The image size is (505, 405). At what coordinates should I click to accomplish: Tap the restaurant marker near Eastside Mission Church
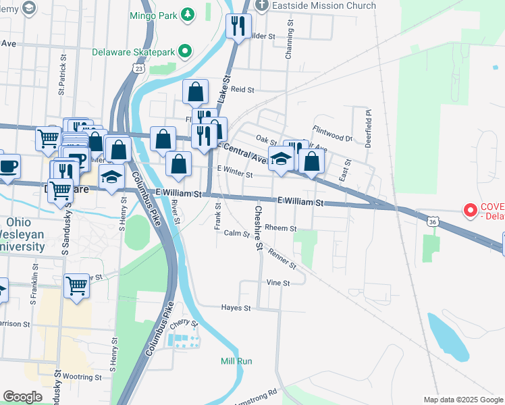pyautogui.click(x=237, y=26)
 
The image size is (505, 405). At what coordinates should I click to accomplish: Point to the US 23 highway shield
pyautogui.click(x=138, y=69)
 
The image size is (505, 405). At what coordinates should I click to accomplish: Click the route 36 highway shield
pyautogui.click(x=433, y=221)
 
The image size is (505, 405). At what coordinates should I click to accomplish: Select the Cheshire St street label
pyautogui.click(x=258, y=227)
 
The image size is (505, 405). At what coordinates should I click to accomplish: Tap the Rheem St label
pyautogui.click(x=281, y=228)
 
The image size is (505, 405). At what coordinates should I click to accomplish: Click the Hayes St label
pyautogui.click(x=236, y=308)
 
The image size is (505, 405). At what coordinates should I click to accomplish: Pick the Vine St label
pyautogui.click(x=278, y=283)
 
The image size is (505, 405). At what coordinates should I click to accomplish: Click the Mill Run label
pyautogui.click(x=236, y=361)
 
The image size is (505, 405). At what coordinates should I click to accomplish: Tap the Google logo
pyautogui.click(x=22, y=397)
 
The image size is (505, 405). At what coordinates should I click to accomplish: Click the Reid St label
pyautogui.click(x=242, y=89)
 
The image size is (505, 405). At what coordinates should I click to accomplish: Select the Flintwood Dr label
pyautogui.click(x=333, y=134)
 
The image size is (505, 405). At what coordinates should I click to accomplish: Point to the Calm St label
pyautogui.click(x=237, y=234)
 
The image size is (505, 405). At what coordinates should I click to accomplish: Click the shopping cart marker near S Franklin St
pyautogui.click(x=77, y=285)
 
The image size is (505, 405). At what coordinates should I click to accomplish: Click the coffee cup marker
pyautogui.click(x=8, y=166)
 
